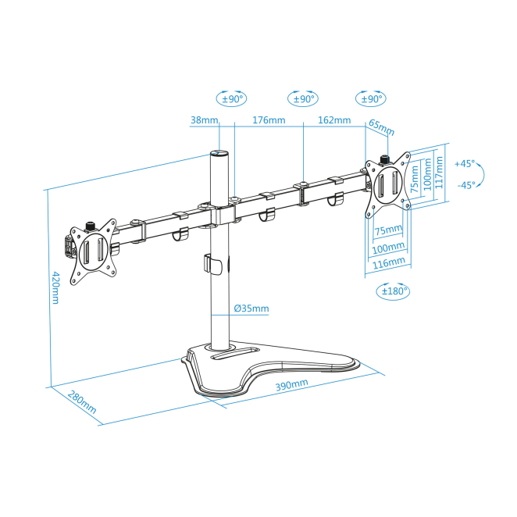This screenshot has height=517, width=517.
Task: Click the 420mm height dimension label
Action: pos(55,288)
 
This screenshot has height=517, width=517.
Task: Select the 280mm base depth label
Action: pos(82,402)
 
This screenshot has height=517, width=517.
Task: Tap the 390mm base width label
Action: pos(292,384)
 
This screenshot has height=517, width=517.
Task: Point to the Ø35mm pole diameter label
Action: pos(251,308)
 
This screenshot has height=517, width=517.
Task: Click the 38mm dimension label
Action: pos(205,119)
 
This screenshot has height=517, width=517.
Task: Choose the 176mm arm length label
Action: pos(269,119)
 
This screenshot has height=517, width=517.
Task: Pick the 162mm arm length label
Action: pos(334,119)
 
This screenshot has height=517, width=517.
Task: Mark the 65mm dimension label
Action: pos(381,127)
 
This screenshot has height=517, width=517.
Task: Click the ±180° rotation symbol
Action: pos(394,291)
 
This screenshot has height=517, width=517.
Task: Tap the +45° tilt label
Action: pos(465,163)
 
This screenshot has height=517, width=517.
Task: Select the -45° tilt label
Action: pos(466,185)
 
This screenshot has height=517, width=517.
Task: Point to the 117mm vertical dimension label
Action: pos(439,173)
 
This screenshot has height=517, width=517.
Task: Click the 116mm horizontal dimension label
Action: pos(389,263)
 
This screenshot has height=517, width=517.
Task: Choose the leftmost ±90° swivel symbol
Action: pos(231,98)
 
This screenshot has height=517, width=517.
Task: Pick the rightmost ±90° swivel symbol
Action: pos(371,98)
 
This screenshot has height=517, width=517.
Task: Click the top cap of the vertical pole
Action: pos(219,153)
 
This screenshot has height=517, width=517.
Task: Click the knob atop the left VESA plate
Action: pos(90,226)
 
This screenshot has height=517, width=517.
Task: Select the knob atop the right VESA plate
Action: pos(384,159)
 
